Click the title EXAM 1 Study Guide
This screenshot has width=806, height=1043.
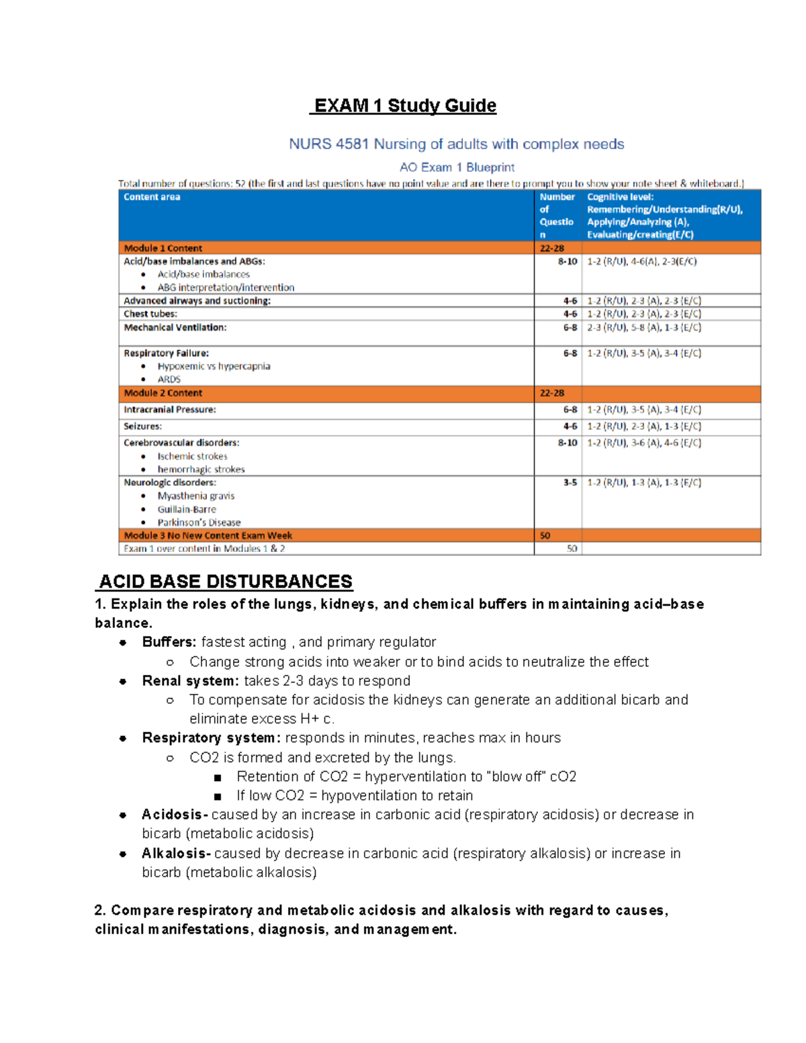405,105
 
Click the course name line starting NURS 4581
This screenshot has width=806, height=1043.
456,144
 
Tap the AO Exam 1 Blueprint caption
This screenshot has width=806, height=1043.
457,167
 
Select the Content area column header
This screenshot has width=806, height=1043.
152,197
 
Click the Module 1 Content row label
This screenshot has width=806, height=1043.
163,248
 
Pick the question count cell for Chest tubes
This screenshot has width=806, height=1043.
570,314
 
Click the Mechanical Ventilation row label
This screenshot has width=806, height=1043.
175,327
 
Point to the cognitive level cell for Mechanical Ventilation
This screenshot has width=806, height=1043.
643,327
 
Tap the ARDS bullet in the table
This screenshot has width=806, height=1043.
169,379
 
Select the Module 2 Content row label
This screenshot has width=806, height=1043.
163,393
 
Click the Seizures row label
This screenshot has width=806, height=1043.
142,426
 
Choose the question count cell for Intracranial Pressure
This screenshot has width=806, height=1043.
570,409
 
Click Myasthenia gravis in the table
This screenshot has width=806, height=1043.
195,496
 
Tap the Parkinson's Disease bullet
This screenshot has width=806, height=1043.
199,522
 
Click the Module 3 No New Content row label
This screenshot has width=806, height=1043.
208,535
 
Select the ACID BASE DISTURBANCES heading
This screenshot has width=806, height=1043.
226,581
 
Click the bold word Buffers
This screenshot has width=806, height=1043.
169,642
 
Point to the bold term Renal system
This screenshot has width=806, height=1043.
190,680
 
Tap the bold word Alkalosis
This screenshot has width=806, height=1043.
176,853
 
